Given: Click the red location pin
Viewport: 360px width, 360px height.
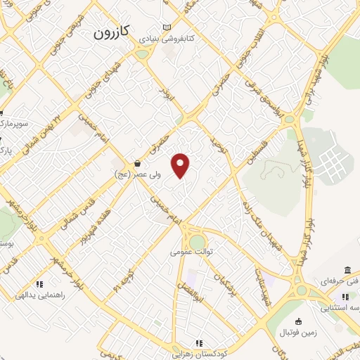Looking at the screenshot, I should tap(181, 166).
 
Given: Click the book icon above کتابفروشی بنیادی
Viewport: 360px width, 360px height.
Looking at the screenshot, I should tap(166, 27).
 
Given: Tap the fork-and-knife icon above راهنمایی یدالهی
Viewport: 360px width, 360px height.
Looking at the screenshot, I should tap(40, 284).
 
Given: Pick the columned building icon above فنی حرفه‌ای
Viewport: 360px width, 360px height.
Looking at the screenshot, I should tap(348, 271).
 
